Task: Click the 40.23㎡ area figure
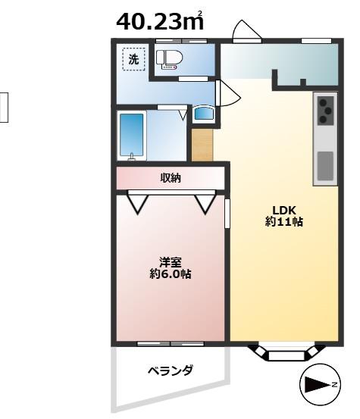(164, 23)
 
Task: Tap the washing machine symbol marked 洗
(134, 59)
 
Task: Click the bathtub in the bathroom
(132, 136)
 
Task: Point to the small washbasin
(204, 114)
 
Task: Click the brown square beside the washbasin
(202, 146)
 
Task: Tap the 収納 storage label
(171, 179)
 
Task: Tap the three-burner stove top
(324, 110)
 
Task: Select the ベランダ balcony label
(170, 371)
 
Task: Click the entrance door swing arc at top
(246, 30)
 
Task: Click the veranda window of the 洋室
(170, 344)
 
